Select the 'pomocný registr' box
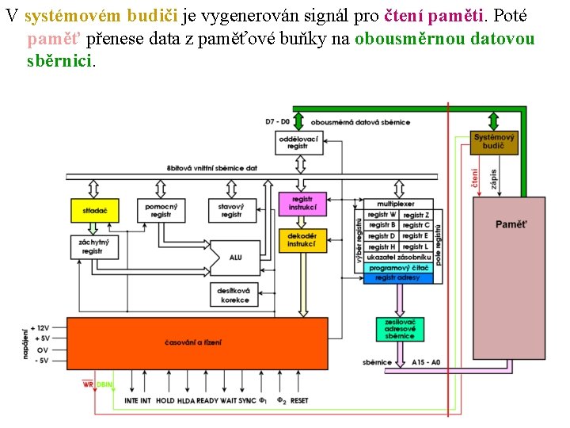(x=161, y=210)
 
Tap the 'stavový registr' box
(x=231, y=210)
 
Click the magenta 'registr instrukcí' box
(x=302, y=203)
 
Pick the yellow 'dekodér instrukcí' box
(x=302, y=240)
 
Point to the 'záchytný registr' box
(x=93, y=246)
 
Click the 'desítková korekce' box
(x=235, y=295)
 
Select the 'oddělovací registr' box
(x=298, y=143)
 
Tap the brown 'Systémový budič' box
(x=494, y=142)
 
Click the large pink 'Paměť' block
(x=509, y=277)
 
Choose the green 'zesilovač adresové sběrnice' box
(x=400, y=329)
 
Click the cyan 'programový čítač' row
(x=398, y=268)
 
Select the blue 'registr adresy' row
(x=398, y=277)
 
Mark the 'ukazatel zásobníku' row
(x=398, y=258)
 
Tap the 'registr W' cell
(x=382, y=215)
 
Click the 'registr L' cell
(x=416, y=246)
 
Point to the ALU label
(x=236, y=258)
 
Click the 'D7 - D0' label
(x=278, y=121)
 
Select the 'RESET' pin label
(x=299, y=400)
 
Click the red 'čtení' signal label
(x=475, y=178)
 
